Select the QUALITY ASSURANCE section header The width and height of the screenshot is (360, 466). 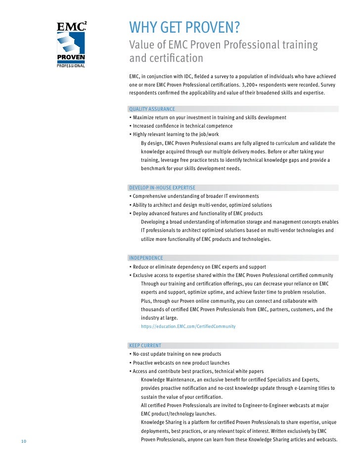tap(152, 109)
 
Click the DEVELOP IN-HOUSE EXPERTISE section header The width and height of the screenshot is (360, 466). tap(162, 188)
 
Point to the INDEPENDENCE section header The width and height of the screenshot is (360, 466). tap(146, 258)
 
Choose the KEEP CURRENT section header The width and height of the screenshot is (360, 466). tap(144, 345)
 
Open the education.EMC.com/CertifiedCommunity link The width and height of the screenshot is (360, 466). tap(188, 326)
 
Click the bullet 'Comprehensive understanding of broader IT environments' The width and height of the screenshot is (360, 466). tap(195, 196)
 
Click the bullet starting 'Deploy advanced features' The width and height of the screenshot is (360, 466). tap(197, 214)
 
